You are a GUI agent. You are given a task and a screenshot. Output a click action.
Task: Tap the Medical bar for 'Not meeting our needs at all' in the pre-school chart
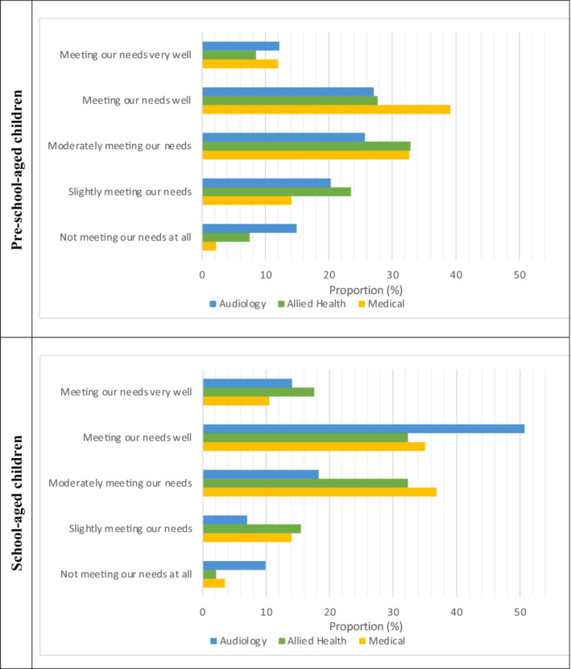[x=209, y=246]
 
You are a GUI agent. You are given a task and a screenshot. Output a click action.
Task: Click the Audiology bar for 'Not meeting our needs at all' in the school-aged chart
[x=234, y=565]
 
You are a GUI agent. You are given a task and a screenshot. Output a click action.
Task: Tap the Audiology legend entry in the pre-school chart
[x=238, y=304]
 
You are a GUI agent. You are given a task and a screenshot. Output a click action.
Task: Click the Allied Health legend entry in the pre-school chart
[x=309, y=304]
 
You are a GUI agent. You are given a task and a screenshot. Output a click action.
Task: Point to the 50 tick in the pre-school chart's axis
[x=519, y=275]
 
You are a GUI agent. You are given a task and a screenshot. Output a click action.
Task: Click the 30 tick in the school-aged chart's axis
[x=392, y=613]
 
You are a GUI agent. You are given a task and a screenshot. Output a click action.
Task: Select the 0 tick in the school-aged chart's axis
[x=202, y=613]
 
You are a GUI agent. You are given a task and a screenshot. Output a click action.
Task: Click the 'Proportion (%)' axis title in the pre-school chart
[x=366, y=289]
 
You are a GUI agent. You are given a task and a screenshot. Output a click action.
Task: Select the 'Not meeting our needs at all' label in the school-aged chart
[x=126, y=574]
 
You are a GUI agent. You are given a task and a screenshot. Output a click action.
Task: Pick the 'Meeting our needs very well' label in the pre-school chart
[x=126, y=56]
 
